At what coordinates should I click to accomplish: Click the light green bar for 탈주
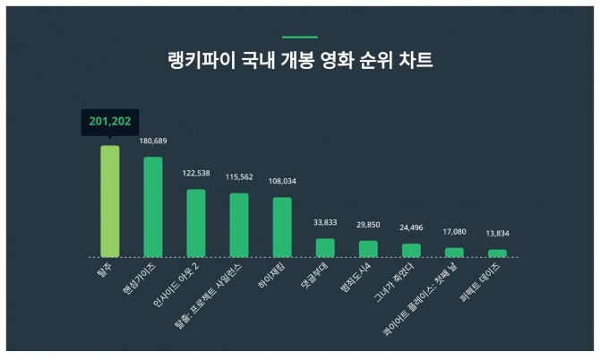[x=109, y=201]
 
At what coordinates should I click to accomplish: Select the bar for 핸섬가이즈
[x=153, y=207]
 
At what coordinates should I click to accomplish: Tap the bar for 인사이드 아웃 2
[x=196, y=223]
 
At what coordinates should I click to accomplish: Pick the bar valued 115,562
[x=239, y=225]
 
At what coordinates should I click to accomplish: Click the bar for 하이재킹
[x=282, y=227]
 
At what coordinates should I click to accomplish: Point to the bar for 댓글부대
[x=325, y=247]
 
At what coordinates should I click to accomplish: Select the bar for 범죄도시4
[x=368, y=248]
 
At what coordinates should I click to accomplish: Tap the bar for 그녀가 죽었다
[x=411, y=250]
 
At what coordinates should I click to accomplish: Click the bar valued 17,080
[x=454, y=252]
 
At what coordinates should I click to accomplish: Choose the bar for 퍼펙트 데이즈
[x=497, y=253]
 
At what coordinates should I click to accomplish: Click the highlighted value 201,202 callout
[x=109, y=123]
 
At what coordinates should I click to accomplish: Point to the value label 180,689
[x=153, y=141]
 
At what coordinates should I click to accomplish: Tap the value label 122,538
[x=196, y=173]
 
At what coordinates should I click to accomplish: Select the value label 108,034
[x=282, y=181]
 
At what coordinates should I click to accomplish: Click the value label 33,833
[x=325, y=223]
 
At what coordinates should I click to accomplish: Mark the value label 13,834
[x=497, y=234]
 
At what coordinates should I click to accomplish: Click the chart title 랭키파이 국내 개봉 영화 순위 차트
[x=300, y=62]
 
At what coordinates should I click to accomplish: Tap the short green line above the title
[x=300, y=38]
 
